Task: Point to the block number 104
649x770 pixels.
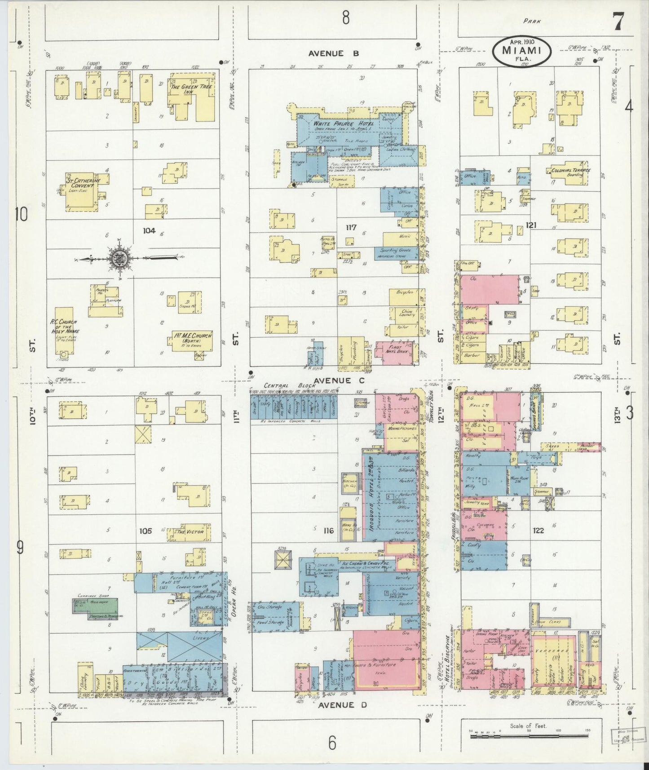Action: point(149,231)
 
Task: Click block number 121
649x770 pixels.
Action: point(531,225)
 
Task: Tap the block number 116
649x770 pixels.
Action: point(329,531)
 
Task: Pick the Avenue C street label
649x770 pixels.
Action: point(333,381)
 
